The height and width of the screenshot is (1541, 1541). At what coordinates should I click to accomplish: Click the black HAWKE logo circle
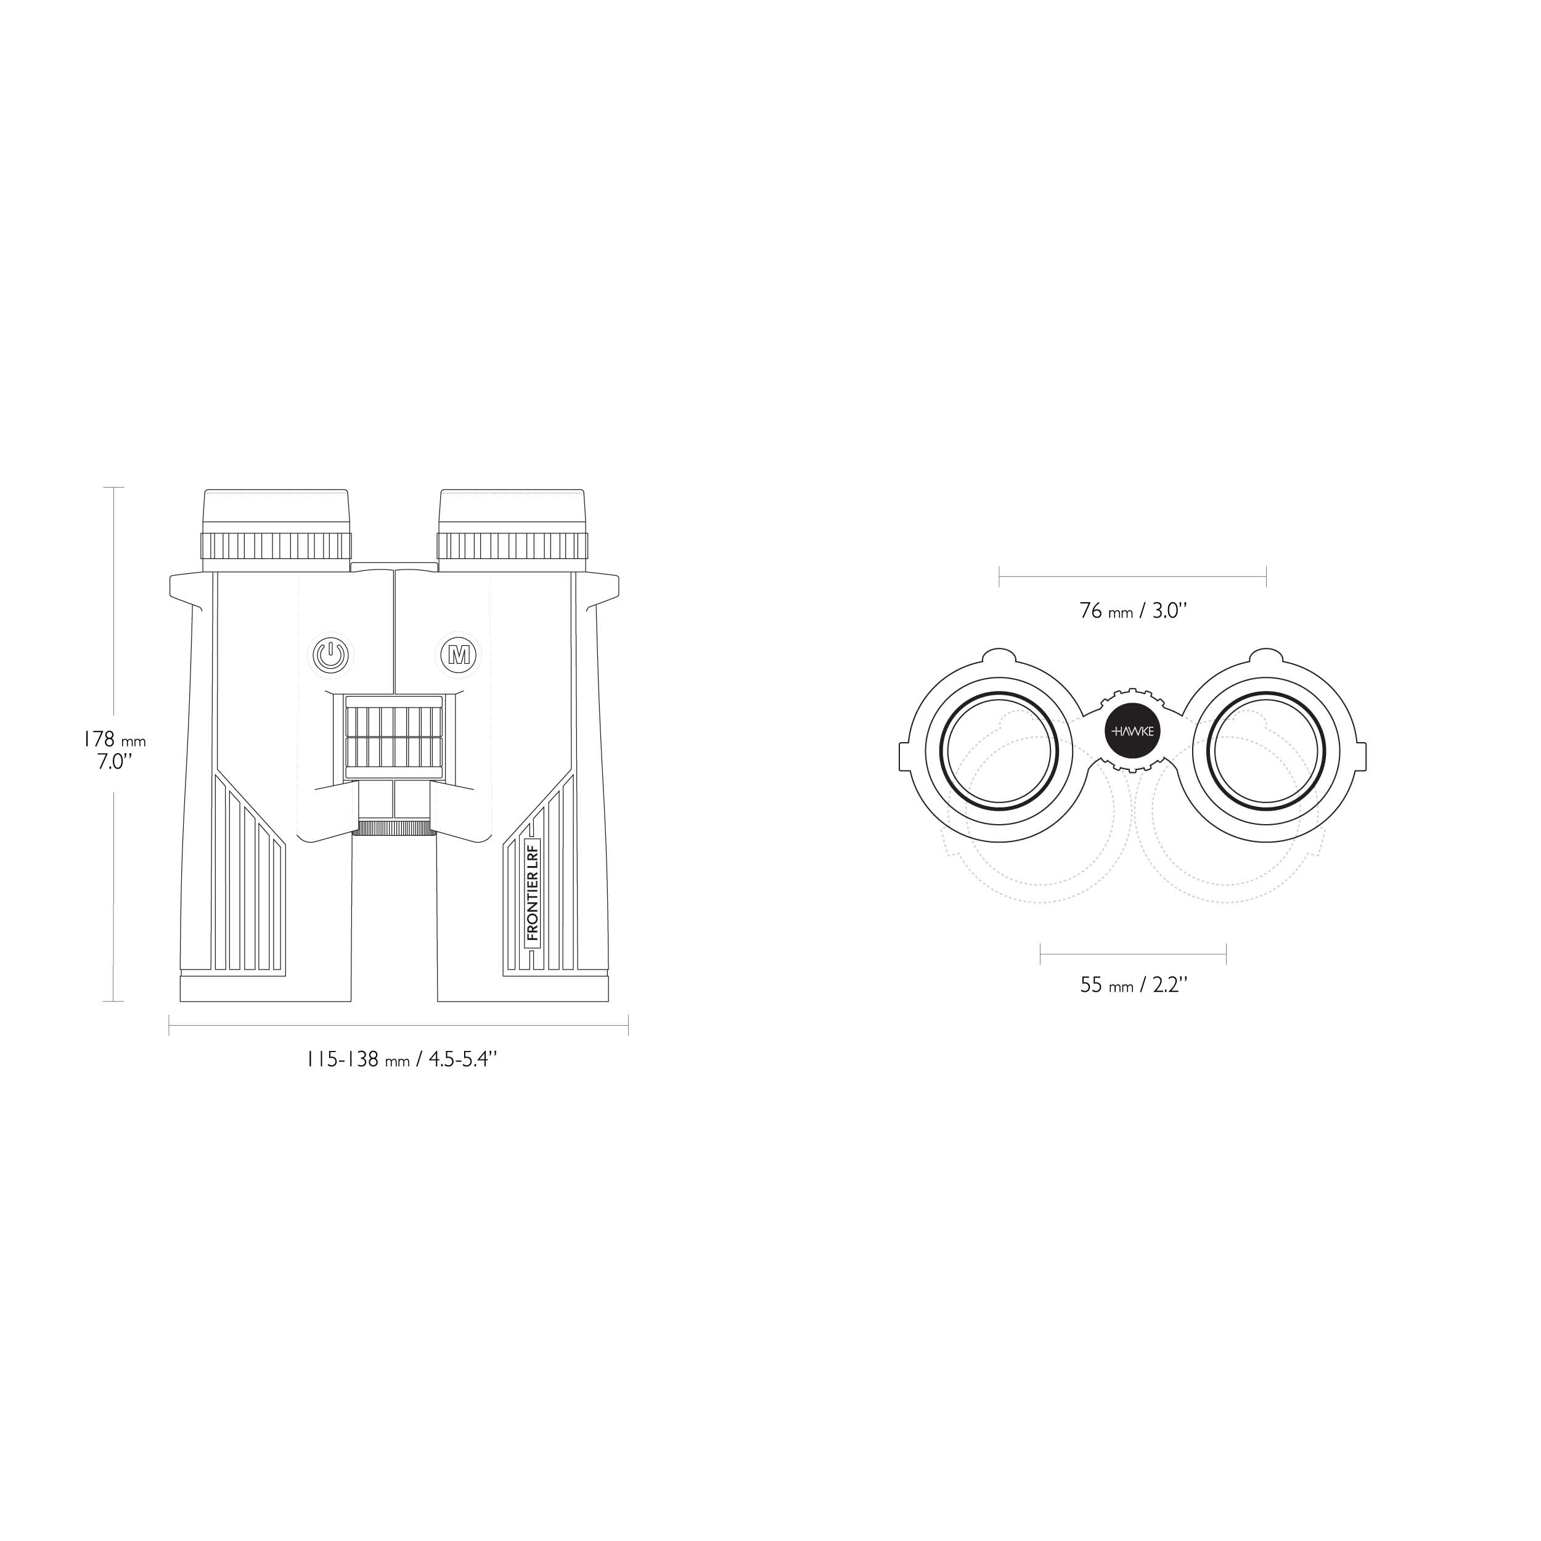[x=1132, y=730]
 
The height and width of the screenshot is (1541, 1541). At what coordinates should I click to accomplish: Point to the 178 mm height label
[x=115, y=740]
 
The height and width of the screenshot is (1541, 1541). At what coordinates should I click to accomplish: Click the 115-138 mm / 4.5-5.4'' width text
[x=402, y=1060]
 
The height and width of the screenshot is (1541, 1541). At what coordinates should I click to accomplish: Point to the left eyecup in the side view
[x=276, y=529]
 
